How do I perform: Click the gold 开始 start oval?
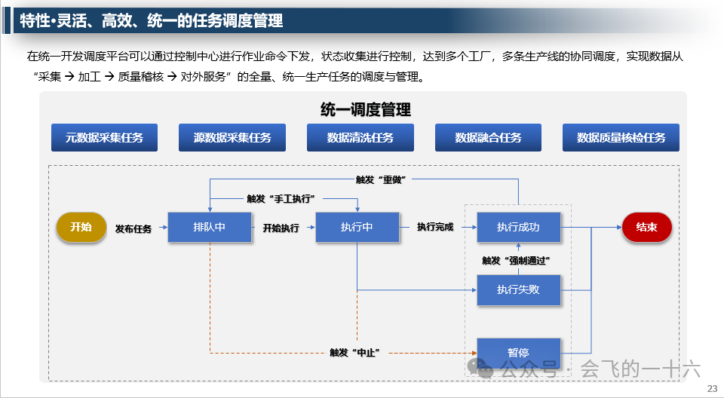[x=81, y=227]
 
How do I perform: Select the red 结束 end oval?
[x=646, y=227]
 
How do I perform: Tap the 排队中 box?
[x=209, y=227]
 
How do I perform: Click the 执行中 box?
[x=357, y=227]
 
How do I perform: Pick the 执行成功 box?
[x=518, y=227]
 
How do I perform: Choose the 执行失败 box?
[x=518, y=289]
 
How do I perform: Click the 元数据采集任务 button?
[x=104, y=138]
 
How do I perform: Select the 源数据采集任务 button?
[x=232, y=138]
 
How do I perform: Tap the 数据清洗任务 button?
[x=360, y=138]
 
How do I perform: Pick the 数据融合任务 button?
[x=488, y=138]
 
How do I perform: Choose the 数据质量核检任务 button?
[x=621, y=138]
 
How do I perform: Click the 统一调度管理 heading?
[x=366, y=110]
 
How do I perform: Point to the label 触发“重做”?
[x=382, y=179]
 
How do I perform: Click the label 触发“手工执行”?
[x=281, y=198]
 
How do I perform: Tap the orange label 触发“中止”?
[x=353, y=352]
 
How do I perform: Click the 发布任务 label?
[x=133, y=228]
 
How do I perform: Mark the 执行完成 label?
[x=436, y=227]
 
